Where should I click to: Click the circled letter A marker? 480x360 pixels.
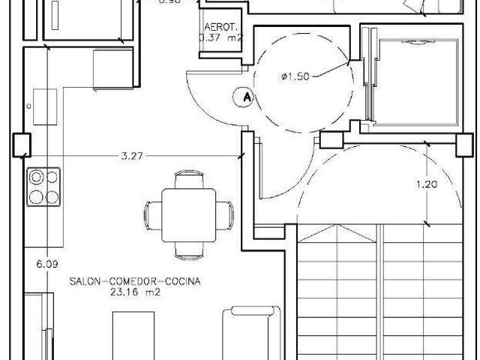point(242,96)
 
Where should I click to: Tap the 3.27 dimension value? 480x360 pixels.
point(132,156)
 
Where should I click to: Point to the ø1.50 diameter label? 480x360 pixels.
point(294,76)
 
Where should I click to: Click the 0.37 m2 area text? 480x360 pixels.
point(220,36)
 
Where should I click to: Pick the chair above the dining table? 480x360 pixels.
point(187,181)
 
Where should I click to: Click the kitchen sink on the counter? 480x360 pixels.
point(44,107)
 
